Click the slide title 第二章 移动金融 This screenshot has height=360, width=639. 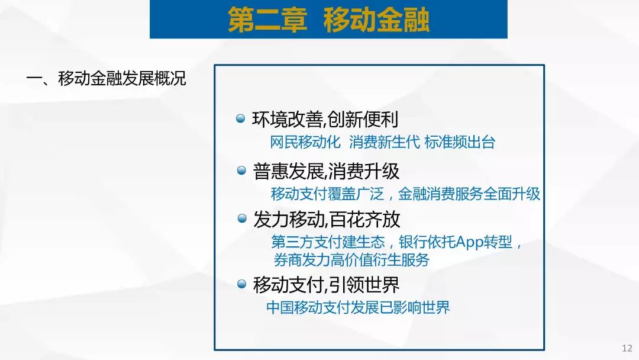[328, 20]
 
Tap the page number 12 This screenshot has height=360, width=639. [627, 348]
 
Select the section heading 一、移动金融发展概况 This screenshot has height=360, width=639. [106, 78]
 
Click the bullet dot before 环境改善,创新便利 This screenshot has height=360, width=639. [240, 118]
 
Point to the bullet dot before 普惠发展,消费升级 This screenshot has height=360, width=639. [241, 170]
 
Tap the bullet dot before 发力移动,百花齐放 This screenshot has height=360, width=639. [241, 218]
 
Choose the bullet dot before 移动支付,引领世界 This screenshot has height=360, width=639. [241, 284]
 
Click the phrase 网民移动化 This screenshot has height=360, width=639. [305, 142]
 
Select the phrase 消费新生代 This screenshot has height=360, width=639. [384, 142]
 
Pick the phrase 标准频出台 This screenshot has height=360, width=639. [460, 142]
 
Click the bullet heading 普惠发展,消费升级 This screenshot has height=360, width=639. [326, 171]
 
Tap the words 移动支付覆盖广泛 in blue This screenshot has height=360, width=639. [328, 194]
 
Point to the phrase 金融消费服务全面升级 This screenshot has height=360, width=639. [469, 194]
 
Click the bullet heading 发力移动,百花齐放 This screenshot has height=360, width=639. [327, 220]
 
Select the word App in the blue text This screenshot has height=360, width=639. [469, 243]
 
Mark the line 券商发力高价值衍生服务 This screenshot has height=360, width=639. [351, 260]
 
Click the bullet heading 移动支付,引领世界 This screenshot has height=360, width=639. [327, 285]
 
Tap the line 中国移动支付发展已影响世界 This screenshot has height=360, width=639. [358, 307]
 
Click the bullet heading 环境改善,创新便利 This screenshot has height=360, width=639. [325, 120]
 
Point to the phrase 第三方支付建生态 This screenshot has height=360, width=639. [328, 242]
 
